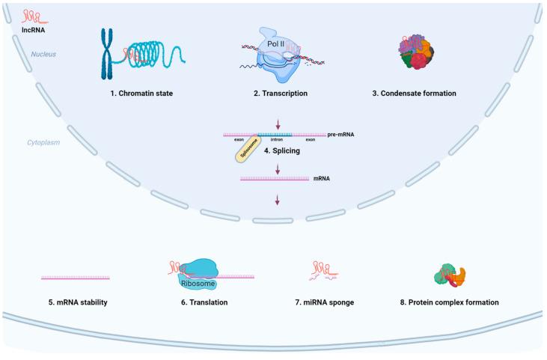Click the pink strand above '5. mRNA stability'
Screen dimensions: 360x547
76,277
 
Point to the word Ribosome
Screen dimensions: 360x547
195,284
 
